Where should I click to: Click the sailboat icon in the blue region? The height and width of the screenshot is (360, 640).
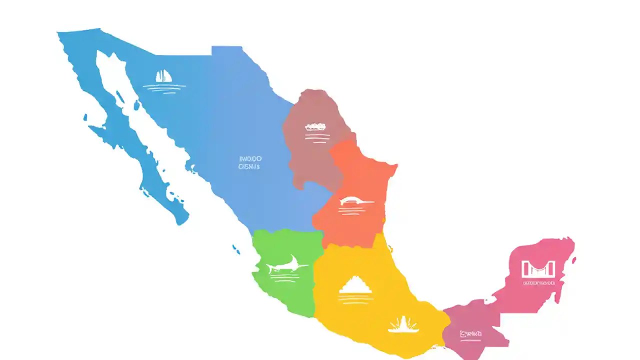163,76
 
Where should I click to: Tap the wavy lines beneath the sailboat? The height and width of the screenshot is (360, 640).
163,88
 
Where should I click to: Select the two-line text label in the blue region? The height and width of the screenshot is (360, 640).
249,162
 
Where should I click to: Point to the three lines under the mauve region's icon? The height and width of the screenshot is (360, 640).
317,136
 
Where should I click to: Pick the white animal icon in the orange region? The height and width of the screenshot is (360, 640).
355,201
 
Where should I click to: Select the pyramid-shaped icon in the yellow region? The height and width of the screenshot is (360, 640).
355,285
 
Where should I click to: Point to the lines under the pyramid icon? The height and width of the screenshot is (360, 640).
355,298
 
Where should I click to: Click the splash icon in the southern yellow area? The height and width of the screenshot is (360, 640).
403,324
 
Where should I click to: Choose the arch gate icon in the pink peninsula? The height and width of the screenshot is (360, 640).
538,269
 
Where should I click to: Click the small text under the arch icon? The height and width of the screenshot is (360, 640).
538,283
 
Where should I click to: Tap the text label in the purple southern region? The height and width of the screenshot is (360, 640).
470,333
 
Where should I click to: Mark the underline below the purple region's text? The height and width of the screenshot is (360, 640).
470,340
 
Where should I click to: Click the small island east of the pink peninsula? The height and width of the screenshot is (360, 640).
574,260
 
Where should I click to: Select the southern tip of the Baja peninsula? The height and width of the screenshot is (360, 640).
181,220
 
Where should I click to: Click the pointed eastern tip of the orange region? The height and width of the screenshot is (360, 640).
396,165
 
